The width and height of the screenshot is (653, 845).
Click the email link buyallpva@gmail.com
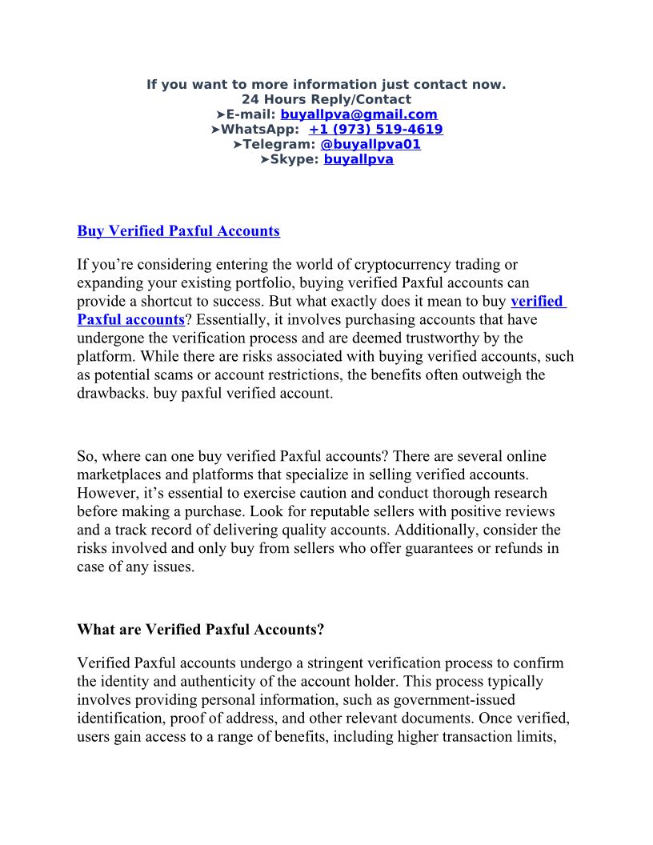click(359, 114)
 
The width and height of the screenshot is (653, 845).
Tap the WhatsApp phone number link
click(375, 130)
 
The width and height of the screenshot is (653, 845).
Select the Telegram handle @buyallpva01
click(370, 144)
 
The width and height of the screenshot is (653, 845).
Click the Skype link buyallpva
click(359, 159)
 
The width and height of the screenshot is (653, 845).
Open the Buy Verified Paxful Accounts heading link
click(178, 231)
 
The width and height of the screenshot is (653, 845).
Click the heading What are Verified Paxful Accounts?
click(200, 629)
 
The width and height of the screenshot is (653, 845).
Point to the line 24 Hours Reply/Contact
click(326, 99)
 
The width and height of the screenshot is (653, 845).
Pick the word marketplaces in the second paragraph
click(119, 475)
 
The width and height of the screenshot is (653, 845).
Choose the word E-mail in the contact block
click(250, 114)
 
